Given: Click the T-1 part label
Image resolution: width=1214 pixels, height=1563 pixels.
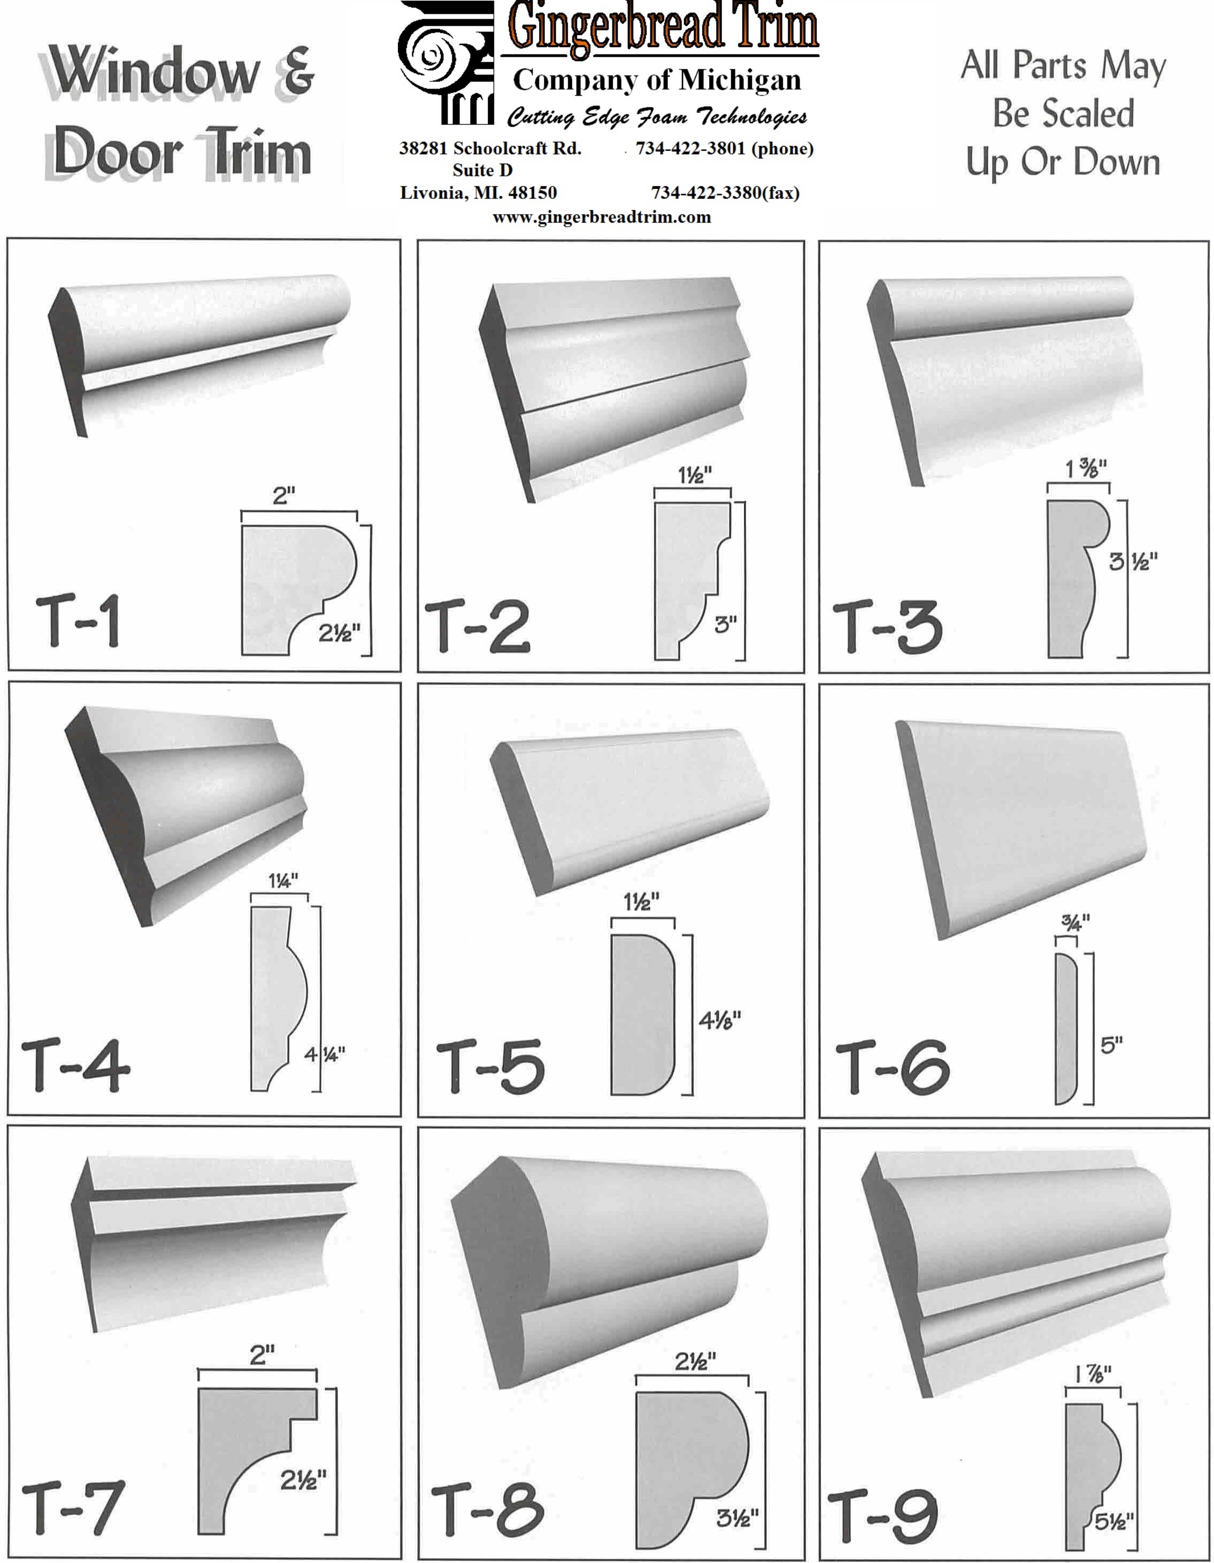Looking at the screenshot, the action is (x=78, y=620).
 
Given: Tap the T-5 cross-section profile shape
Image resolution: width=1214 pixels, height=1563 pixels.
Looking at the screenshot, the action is (x=642, y=1014).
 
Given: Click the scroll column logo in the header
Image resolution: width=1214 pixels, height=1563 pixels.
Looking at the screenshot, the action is (x=446, y=63).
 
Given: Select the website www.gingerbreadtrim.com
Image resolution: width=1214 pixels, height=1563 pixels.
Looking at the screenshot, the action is (x=601, y=217).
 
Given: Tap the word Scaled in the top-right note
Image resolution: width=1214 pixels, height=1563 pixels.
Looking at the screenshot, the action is (x=1064, y=114).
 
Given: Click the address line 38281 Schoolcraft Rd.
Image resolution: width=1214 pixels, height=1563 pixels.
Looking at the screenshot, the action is (x=490, y=148).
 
